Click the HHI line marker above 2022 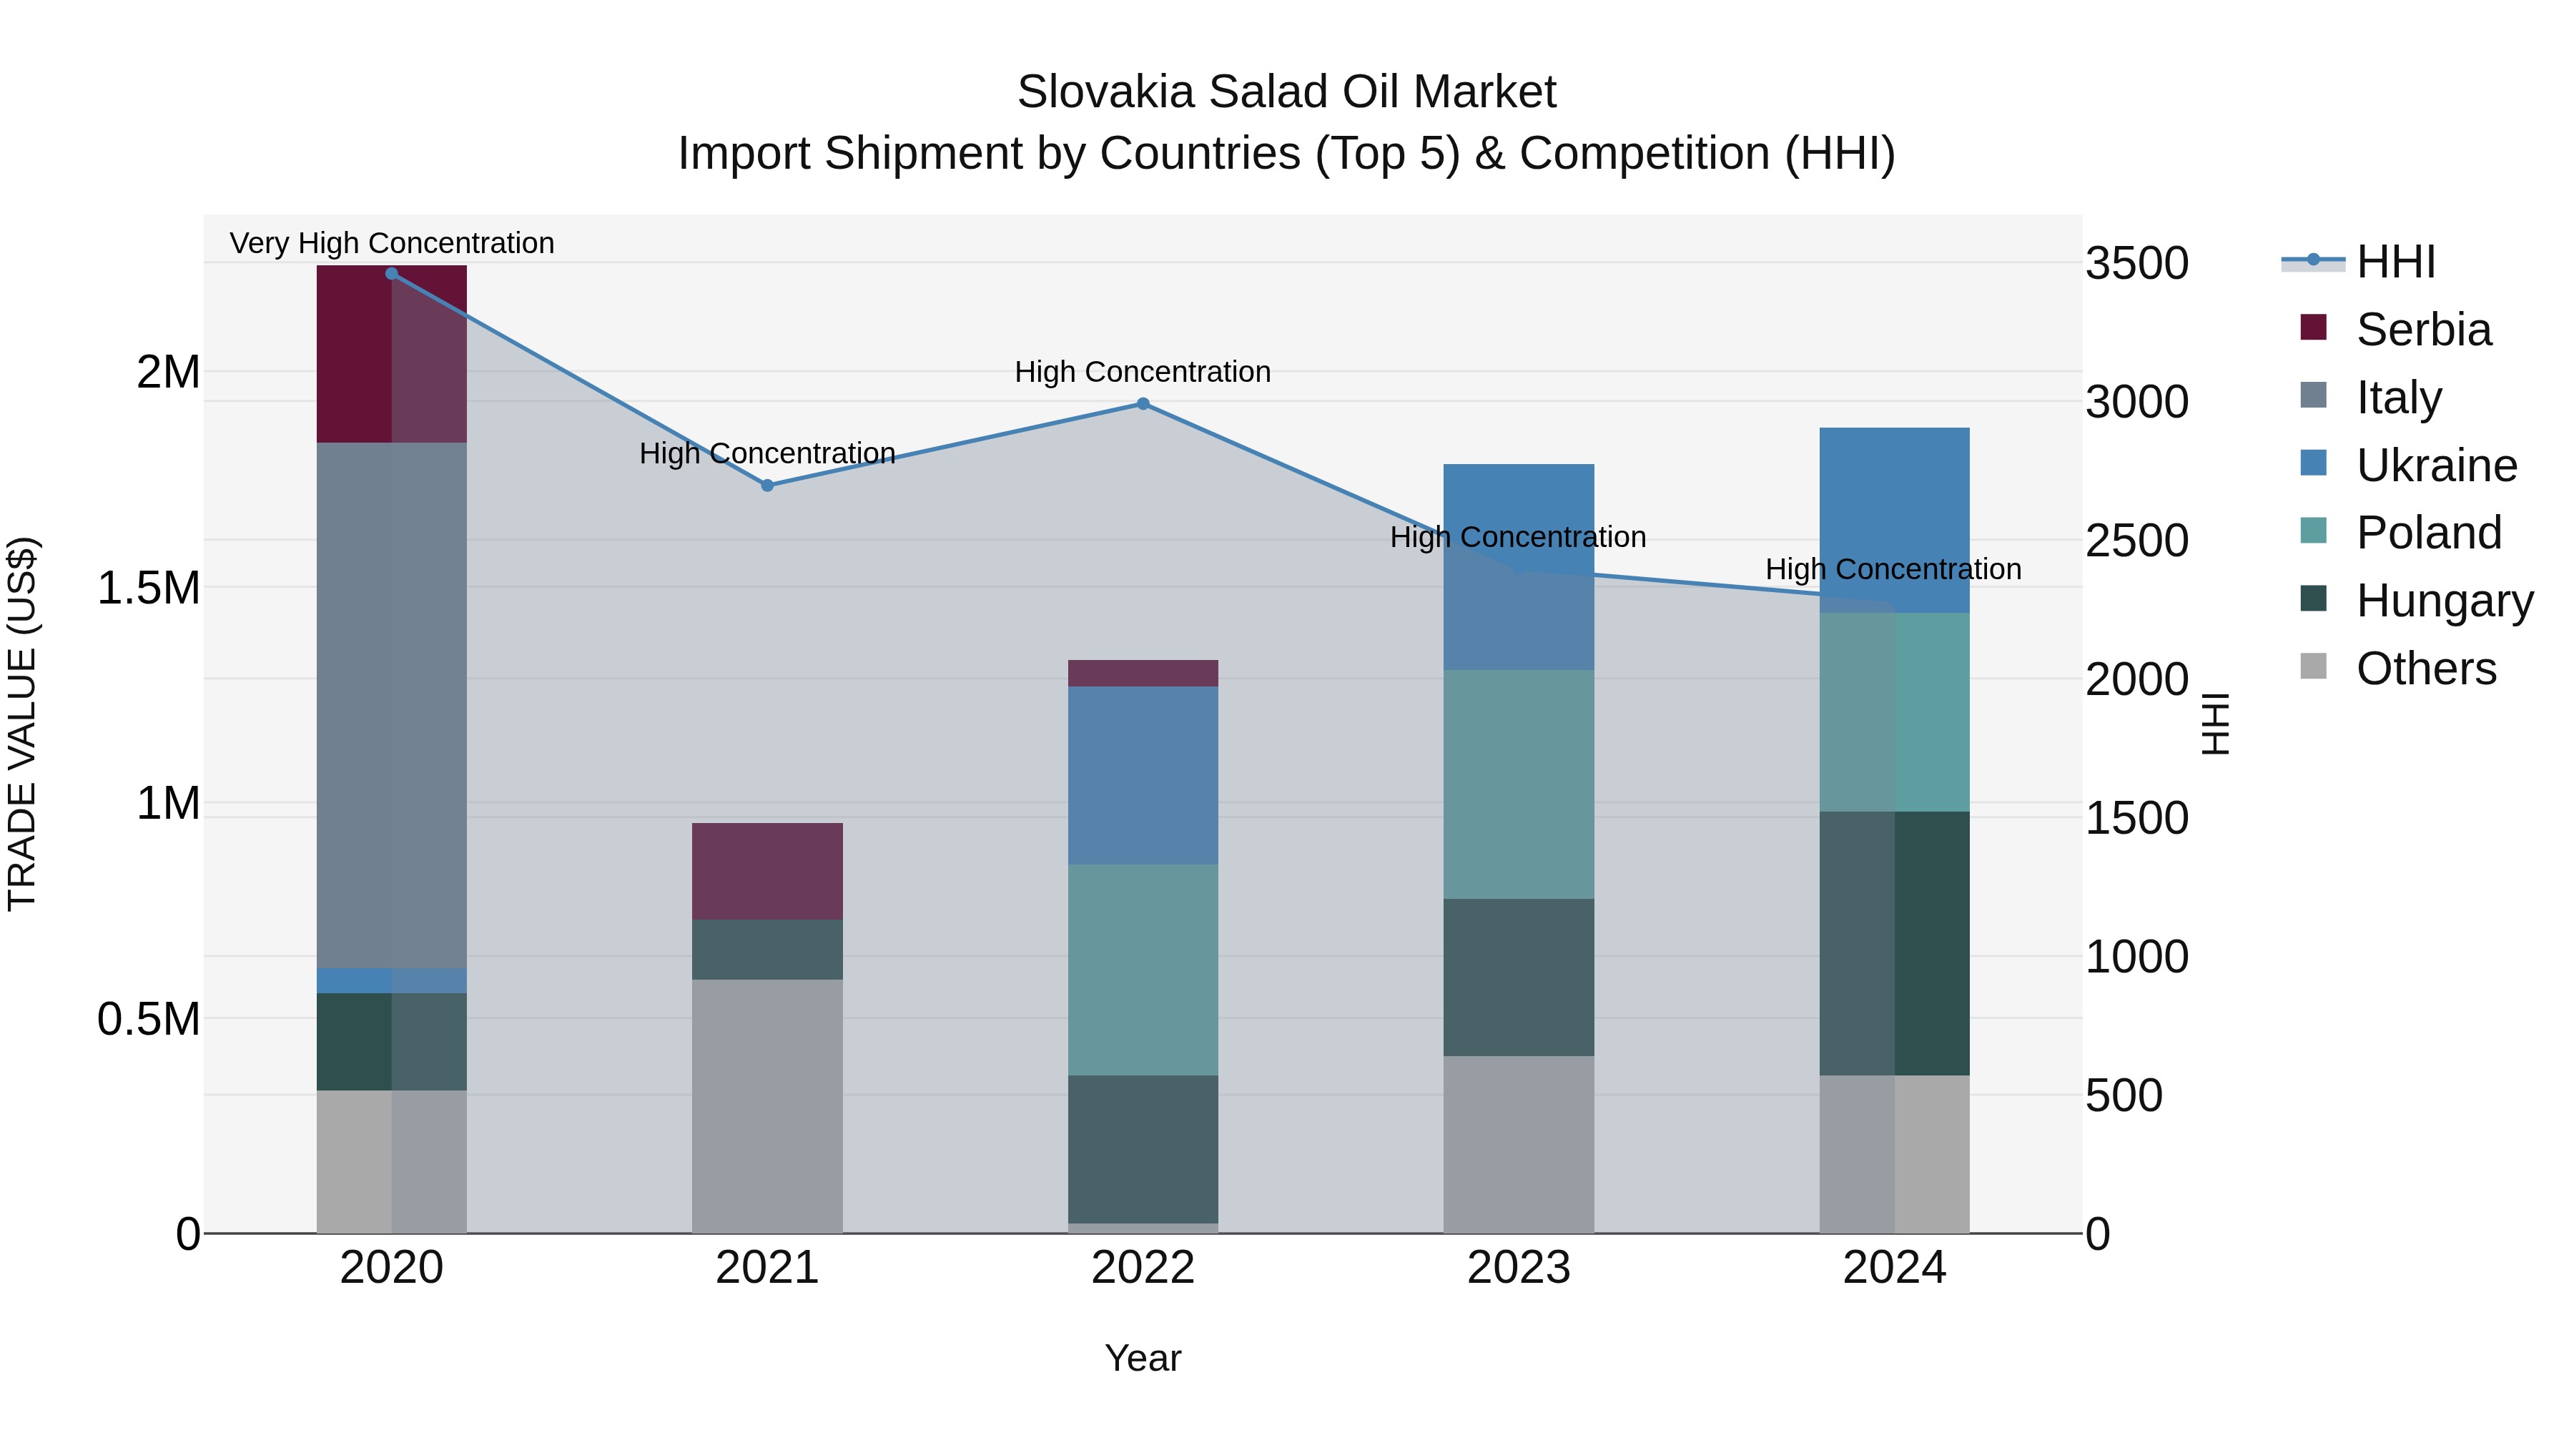click(x=1143, y=404)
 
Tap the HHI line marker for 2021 click(x=767, y=486)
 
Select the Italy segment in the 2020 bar click(x=392, y=704)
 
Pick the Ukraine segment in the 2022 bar click(x=1143, y=774)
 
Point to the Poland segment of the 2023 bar click(x=1519, y=784)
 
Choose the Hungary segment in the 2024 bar click(x=1895, y=942)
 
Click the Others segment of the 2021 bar click(x=767, y=1105)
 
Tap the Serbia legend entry click(x=2423, y=330)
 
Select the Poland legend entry click(x=2428, y=533)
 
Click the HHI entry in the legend click(x=2395, y=262)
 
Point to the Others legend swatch click(x=2313, y=666)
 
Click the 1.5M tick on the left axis click(x=149, y=588)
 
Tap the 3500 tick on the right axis click(x=2137, y=264)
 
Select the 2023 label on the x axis click(x=1519, y=1268)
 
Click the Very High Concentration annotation click(x=392, y=243)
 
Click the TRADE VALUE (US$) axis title click(x=22, y=724)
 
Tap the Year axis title click(x=1143, y=1358)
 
